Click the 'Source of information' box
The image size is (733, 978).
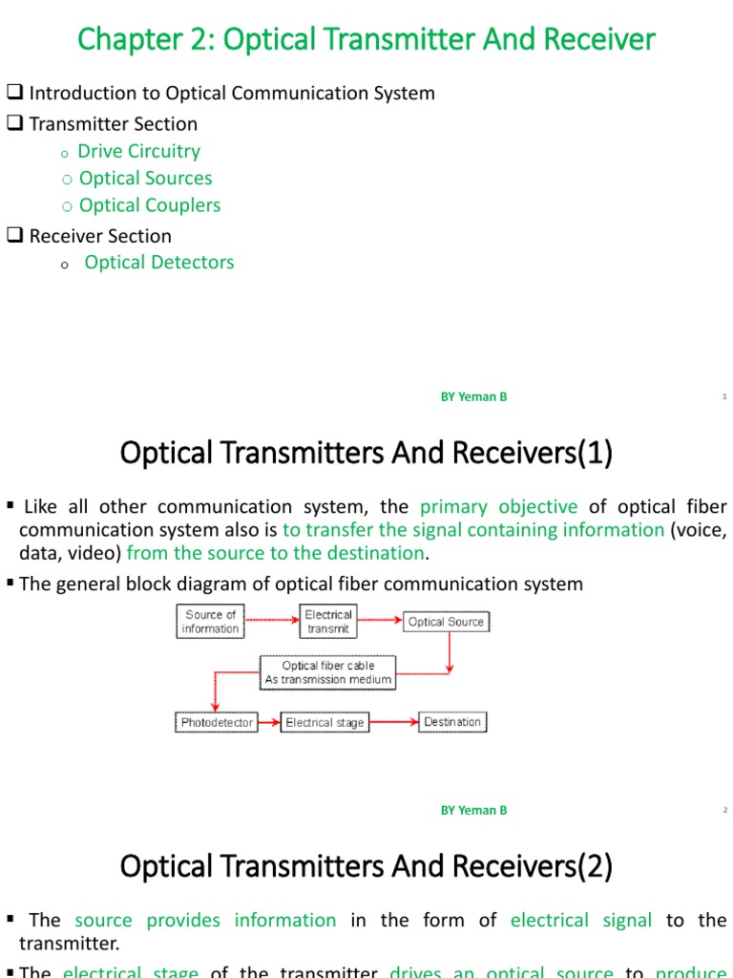click(210, 622)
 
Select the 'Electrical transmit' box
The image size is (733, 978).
click(328, 622)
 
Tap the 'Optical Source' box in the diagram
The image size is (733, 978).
click(445, 622)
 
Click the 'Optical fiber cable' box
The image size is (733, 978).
click(327, 672)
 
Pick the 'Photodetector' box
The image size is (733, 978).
click(217, 723)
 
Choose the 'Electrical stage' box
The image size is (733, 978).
click(325, 723)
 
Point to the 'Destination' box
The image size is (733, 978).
click(452, 722)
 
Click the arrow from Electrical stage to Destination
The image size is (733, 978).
click(393, 723)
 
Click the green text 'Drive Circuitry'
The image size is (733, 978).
click(138, 151)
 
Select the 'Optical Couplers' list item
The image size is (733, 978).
click(149, 205)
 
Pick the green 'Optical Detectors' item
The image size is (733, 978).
click(158, 262)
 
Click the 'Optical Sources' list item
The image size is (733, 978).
click(145, 178)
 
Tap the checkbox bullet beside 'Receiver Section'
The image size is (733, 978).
click(14, 236)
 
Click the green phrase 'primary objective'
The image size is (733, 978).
click(498, 507)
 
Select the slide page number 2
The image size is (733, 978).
click(724, 811)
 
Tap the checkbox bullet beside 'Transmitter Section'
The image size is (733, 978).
click(14, 124)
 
